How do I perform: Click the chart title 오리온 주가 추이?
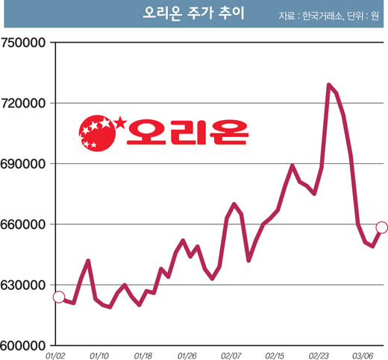pos(194,13)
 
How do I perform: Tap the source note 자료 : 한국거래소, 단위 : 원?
pos(328,16)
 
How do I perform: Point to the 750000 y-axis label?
pos(23,42)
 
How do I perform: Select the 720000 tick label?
pos(23,104)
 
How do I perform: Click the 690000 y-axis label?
pos(23,164)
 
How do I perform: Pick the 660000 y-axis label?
pos(23,224)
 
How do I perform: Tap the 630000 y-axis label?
pos(23,285)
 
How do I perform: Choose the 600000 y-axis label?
pos(23,346)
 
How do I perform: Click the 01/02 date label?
pos(55,356)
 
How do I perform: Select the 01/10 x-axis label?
pos(99,356)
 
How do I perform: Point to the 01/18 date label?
pos(143,356)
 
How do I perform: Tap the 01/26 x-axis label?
pos(187,356)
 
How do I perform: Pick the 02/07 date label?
pos(231,356)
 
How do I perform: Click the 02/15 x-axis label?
pos(275,356)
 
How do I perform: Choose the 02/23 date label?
pos(319,356)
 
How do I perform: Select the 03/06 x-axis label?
pos(363,356)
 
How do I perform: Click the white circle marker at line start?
pos(59,297)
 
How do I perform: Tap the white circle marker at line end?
pos(382,227)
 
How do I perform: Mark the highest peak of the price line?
pos(329,85)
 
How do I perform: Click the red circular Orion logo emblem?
pos(98,133)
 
